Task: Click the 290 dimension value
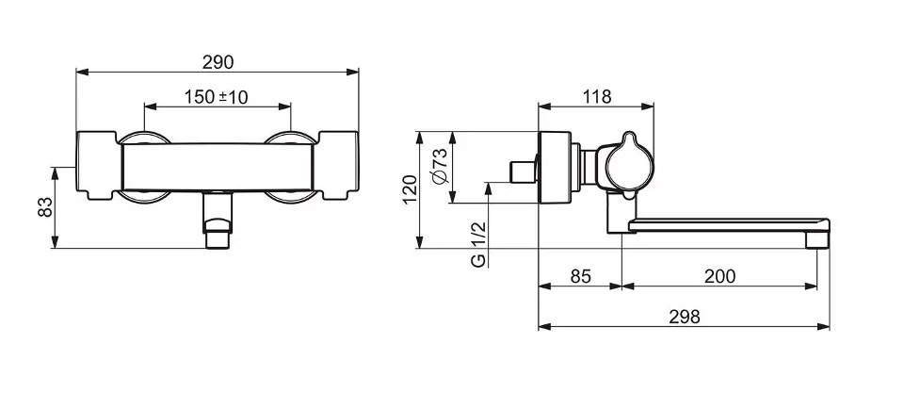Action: (x=218, y=62)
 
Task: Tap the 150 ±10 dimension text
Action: (x=217, y=97)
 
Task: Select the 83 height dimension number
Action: (x=44, y=207)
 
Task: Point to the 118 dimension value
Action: (x=596, y=96)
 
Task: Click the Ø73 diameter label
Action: (x=439, y=167)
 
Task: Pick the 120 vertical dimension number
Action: (x=410, y=189)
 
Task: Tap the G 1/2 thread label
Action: (x=478, y=245)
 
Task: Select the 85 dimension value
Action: (x=581, y=276)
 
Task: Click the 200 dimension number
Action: (x=720, y=276)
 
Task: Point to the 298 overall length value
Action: (x=685, y=317)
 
